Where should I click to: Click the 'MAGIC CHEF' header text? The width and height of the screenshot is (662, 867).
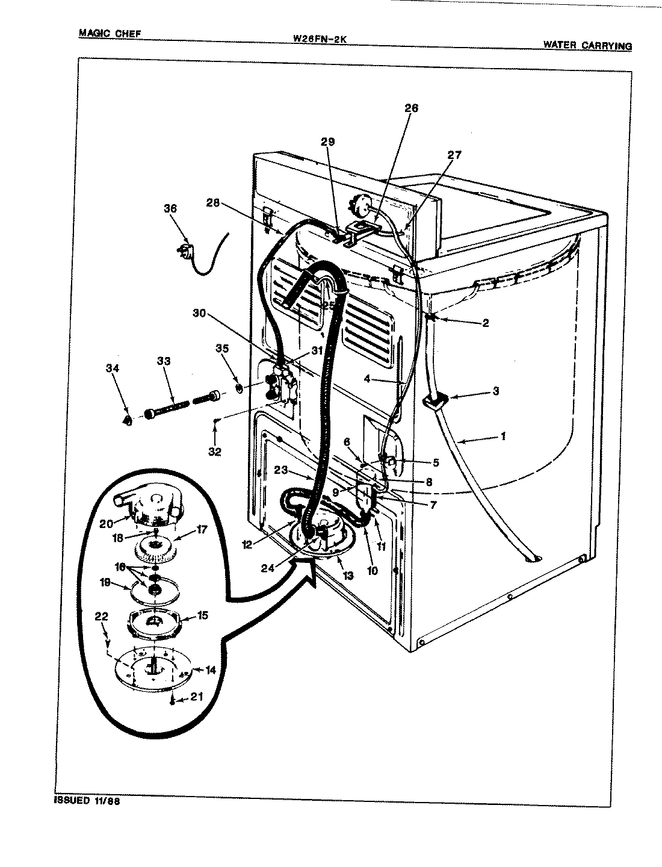110,33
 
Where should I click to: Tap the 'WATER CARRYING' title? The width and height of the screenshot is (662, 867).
587,45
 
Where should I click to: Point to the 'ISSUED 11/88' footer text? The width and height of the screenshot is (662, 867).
87,801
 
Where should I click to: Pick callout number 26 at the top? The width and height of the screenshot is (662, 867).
411,108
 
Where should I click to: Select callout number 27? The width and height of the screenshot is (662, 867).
454,155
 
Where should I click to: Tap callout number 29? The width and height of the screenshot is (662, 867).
327,142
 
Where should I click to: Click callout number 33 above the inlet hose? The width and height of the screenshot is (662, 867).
164,361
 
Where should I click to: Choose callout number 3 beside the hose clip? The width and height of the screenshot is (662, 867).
495,391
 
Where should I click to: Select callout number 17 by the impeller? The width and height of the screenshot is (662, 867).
201,530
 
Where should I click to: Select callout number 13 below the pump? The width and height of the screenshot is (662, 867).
348,576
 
